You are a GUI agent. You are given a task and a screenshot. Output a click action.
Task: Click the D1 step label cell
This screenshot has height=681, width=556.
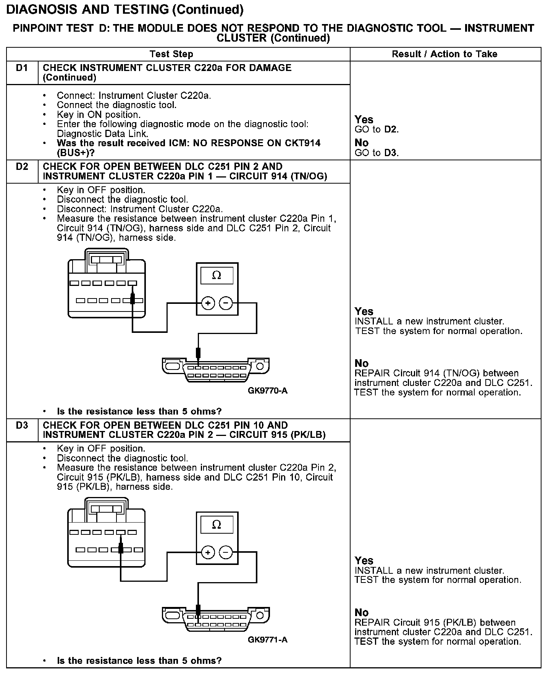(22, 68)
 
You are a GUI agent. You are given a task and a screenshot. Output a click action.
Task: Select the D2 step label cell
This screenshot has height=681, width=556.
(22, 167)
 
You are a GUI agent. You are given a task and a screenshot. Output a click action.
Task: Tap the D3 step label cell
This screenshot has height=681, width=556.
(22, 425)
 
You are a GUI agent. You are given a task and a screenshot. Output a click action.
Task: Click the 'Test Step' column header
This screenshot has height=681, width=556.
(171, 54)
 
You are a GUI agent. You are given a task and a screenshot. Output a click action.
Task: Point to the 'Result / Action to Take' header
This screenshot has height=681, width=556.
(444, 54)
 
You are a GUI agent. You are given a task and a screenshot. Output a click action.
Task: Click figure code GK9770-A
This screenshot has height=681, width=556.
(268, 391)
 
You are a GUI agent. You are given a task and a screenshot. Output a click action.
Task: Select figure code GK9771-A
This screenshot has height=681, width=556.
(268, 640)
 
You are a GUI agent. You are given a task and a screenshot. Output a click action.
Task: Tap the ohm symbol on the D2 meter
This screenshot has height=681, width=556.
(217, 275)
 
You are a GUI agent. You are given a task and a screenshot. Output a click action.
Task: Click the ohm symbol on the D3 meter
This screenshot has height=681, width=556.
(217, 524)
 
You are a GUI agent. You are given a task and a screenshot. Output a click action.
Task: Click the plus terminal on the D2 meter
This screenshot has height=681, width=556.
(208, 303)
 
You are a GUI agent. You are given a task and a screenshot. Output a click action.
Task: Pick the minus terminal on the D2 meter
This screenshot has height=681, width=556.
(226, 303)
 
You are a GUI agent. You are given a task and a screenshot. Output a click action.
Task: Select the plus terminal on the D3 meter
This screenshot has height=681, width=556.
(208, 552)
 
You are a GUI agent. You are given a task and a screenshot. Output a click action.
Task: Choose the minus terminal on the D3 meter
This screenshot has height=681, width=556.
(226, 552)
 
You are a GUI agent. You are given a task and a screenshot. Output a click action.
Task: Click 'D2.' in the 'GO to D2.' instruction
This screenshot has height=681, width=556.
(391, 129)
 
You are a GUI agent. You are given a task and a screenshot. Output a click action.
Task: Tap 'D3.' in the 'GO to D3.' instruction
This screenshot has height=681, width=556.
(391, 153)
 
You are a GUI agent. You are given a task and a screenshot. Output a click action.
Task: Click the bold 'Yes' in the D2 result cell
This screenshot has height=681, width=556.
(364, 311)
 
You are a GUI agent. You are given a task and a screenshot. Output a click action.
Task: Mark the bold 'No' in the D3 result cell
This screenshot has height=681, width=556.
(362, 612)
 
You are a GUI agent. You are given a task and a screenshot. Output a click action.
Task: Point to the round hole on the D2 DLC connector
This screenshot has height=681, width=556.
(260, 367)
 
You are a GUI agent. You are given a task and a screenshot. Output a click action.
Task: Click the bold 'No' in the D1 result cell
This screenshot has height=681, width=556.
(362, 143)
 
